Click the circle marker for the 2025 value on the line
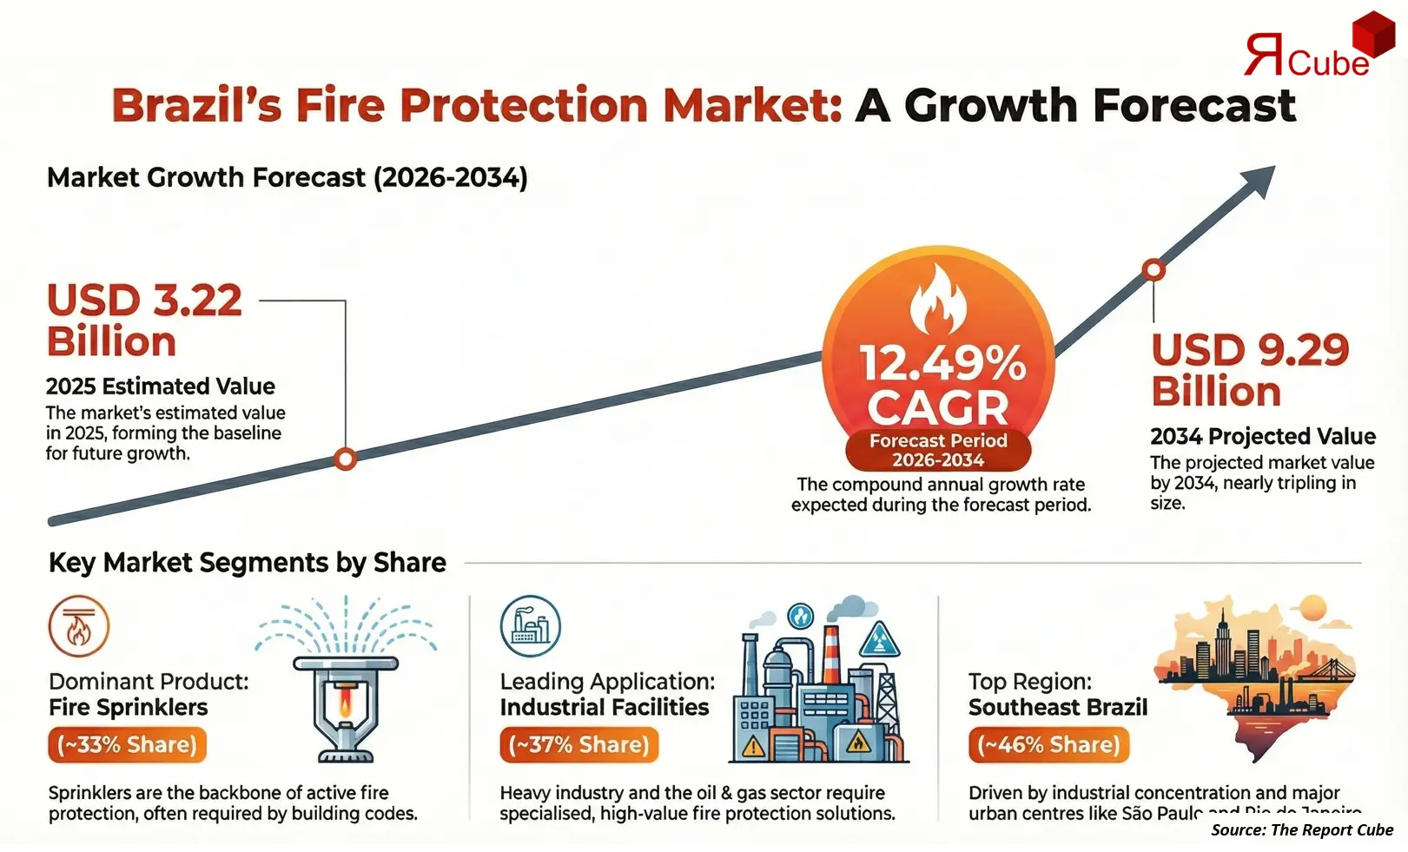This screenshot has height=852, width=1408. tap(346, 459)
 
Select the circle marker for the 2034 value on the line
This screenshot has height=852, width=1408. tap(1154, 270)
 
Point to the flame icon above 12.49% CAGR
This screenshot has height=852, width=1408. tap(938, 301)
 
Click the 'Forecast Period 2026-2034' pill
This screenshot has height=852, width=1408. tap(938, 450)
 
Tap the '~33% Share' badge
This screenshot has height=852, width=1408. tap(128, 745)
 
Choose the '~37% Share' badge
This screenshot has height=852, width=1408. tap(579, 745)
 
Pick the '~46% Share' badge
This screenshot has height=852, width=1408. tap(1048, 745)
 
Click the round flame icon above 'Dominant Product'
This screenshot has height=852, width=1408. tap(79, 625)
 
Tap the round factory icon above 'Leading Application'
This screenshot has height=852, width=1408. tap(531, 625)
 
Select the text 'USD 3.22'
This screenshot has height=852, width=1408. tap(144, 301)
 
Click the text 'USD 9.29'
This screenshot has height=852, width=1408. tap(1250, 350)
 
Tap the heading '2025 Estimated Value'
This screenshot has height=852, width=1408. tap(161, 386)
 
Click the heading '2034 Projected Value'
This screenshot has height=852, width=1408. tap(1263, 436)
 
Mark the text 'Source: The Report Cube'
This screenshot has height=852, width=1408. tap(1302, 830)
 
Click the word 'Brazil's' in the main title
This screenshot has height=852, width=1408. tap(197, 106)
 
